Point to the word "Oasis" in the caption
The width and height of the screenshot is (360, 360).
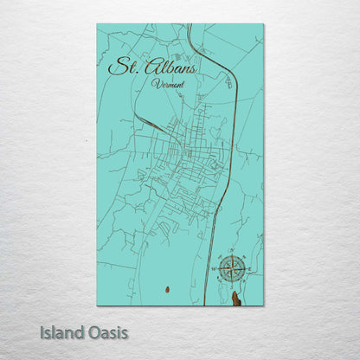108,331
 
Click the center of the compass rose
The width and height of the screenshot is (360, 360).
231,270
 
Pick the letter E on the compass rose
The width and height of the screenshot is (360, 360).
247,270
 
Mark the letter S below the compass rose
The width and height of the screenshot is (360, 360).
231,286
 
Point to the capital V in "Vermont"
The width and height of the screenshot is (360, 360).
154,83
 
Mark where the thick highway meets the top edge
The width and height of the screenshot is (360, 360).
189,25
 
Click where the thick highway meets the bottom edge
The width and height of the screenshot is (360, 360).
203,305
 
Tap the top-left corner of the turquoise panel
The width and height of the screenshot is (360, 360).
97,24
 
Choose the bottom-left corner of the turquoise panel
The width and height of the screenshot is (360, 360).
97,305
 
